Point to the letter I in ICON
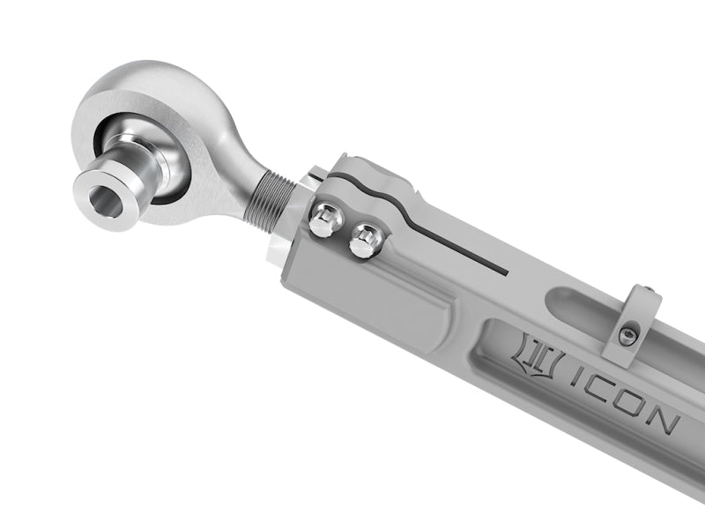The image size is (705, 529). coord(574,378)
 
